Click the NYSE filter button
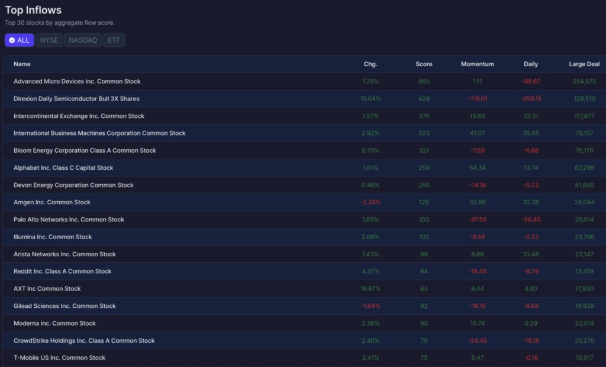tap(49, 40)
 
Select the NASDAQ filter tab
tap(83, 40)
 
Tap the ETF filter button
tap(114, 40)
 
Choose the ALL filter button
tap(20, 40)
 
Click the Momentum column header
tap(478, 64)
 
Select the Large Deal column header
tap(584, 64)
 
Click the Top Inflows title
tap(33, 10)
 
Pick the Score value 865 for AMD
tap(424, 81)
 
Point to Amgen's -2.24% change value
tap(370, 202)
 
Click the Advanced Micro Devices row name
tap(77, 81)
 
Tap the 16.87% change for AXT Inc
tap(370, 288)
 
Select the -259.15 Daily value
tap(531, 99)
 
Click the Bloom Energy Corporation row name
tap(85, 150)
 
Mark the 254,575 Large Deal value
tap(584, 81)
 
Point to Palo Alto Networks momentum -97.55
tap(478, 220)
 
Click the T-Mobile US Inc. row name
tap(59, 358)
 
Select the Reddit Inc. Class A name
tap(62, 272)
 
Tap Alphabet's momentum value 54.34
tap(478, 168)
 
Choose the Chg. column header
tap(370, 64)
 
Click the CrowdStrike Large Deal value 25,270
tap(584, 341)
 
